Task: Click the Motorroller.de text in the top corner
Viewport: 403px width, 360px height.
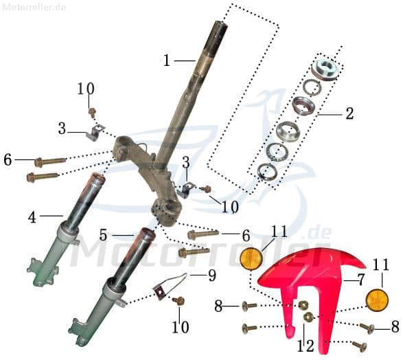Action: pos(34,6)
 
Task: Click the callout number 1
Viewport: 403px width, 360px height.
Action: pos(166,60)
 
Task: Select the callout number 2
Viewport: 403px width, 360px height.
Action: pos(349,113)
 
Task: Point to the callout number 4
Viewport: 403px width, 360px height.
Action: pos(32,217)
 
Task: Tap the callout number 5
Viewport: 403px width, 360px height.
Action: pos(104,235)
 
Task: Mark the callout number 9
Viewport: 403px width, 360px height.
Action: pos(211,275)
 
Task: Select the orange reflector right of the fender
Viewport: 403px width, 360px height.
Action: pos(378,301)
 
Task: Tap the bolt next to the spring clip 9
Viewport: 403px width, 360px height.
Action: pos(180,300)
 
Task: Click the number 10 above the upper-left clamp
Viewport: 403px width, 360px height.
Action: pos(86,89)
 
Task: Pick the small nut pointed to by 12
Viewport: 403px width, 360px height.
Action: pos(308,317)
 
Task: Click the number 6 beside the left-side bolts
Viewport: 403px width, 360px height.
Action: pos(8,159)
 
